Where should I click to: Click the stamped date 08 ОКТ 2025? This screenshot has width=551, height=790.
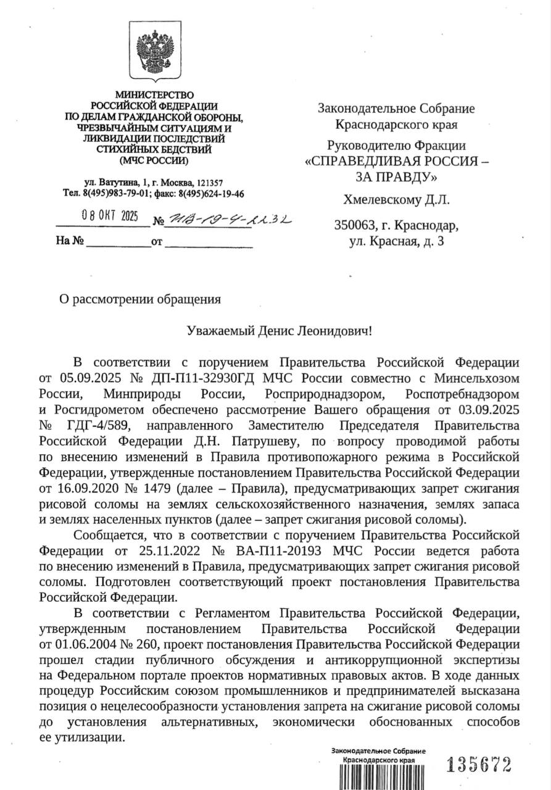point(112,217)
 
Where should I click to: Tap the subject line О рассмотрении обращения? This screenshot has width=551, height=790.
point(139,299)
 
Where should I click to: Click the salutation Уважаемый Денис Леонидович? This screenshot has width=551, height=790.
point(280,330)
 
